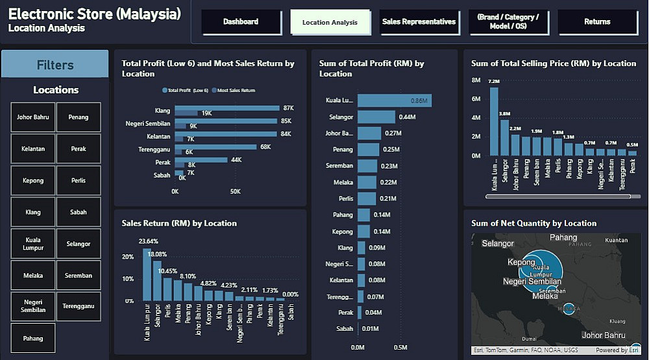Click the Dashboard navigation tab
[241, 22]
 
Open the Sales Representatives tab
[419, 22]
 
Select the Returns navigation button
[596, 22]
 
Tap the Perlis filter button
[79, 181]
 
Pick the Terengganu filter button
[79, 306]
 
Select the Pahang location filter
[33, 338]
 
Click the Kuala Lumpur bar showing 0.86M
[394, 101]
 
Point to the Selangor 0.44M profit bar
[376, 117]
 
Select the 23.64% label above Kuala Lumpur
[148, 242]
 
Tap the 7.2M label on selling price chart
[494, 82]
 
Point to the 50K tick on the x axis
[236, 191]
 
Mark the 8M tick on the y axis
[476, 80]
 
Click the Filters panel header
[55, 65]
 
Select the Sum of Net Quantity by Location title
[533, 223]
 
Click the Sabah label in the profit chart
[345, 329]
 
